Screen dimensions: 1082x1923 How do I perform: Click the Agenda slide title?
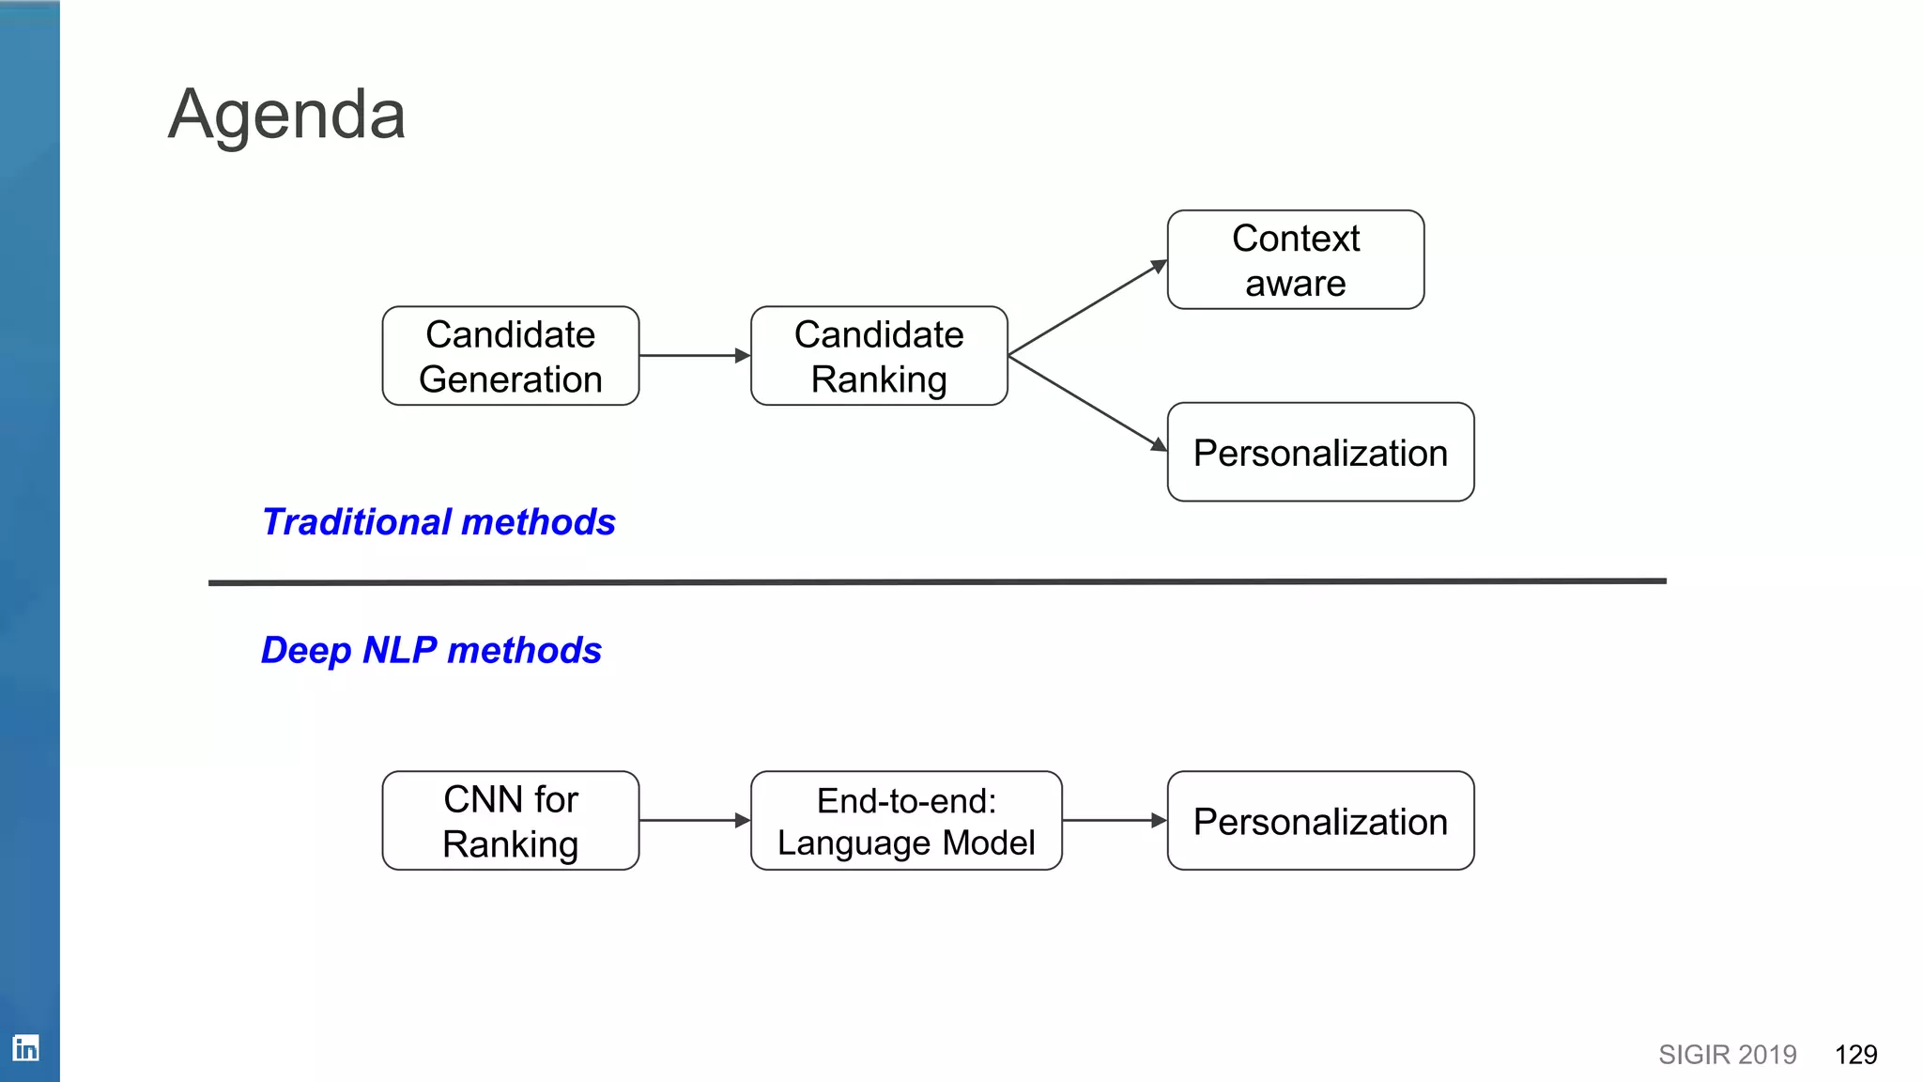(286, 115)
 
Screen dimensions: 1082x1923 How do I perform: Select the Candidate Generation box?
(510, 356)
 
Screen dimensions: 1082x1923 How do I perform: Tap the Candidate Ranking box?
(879, 356)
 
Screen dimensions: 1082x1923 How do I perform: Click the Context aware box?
(1295, 260)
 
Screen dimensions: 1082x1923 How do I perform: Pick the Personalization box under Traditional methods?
(1319, 453)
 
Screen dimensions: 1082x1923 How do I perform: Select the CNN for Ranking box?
(510, 821)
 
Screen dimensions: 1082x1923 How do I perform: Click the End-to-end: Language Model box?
(905, 821)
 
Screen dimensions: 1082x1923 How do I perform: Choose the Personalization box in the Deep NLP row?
(1319, 821)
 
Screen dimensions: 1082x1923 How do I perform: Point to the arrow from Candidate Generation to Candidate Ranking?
(694, 356)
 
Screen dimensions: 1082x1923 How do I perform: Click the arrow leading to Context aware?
(1087, 308)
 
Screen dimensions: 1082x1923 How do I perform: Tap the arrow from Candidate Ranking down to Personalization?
(1087, 403)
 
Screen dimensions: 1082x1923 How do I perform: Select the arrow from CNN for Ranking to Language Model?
(694, 821)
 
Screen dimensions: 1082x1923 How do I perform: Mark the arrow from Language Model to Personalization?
(1114, 821)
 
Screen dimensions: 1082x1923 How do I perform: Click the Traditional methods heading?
(438, 522)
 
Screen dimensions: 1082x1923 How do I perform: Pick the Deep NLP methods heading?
(431, 650)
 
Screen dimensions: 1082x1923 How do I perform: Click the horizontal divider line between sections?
(936, 582)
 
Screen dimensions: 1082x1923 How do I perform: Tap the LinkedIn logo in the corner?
(25, 1047)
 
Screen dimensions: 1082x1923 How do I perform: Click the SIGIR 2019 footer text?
(1727, 1055)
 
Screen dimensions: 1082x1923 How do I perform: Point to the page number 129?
(1855, 1055)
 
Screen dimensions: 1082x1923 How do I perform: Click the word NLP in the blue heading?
(399, 650)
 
